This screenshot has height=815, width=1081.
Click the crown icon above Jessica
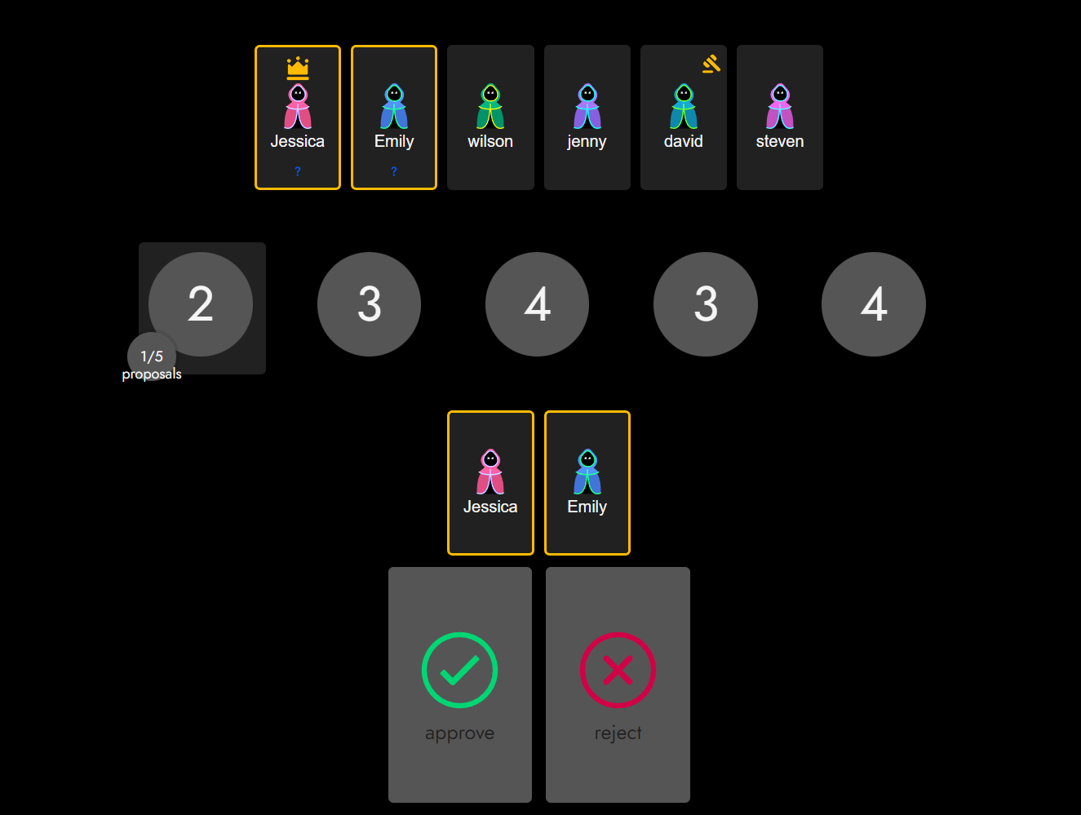[x=298, y=67]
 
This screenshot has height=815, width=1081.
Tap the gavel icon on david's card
[x=711, y=64]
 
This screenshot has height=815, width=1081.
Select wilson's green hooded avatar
[x=490, y=107]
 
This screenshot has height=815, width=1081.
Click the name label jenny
[x=587, y=141]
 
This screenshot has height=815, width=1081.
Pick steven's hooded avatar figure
[x=780, y=107]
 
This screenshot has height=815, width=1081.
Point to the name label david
[x=683, y=141]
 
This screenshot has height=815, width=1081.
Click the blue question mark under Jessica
[x=298, y=171]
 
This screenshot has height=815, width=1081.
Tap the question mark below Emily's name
[x=394, y=171]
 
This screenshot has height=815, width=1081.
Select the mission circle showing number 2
[x=201, y=303]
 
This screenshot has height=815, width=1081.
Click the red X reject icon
[x=618, y=670]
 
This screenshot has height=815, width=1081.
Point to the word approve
[x=459, y=733]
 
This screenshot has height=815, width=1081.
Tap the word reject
[x=618, y=733]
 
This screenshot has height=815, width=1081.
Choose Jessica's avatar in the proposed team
[x=490, y=472]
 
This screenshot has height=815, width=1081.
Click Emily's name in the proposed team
[x=587, y=507]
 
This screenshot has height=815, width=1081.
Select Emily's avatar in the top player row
[x=394, y=107]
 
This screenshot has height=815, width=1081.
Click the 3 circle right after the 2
[x=369, y=303]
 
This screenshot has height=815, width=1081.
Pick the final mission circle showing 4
[x=873, y=303]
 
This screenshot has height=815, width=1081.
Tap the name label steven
[x=780, y=141]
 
